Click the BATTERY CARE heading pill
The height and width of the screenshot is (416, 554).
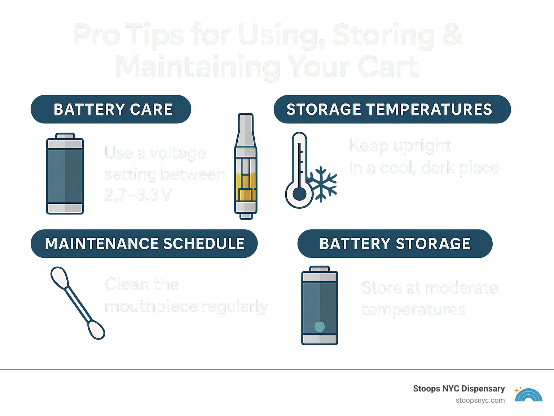click(x=111, y=109)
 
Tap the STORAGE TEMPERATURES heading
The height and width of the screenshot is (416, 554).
click(x=392, y=109)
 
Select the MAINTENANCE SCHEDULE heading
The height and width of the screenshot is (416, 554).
click(x=144, y=244)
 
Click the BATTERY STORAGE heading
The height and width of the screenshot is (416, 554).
click(x=395, y=244)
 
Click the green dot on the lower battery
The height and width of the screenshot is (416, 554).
click(x=320, y=327)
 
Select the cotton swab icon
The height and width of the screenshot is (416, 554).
click(x=78, y=303)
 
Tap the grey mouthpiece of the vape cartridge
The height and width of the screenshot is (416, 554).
click(x=246, y=130)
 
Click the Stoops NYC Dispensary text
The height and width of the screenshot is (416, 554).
click(x=459, y=389)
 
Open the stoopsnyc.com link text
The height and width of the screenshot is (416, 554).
click(x=480, y=400)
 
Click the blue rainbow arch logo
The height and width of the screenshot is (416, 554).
click(x=529, y=395)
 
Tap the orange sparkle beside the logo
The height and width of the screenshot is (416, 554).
click(x=518, y=390)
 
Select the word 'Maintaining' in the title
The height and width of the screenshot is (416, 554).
click(x=198, y=67)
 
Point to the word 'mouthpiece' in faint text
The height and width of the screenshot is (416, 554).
click(x=151, y=306)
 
